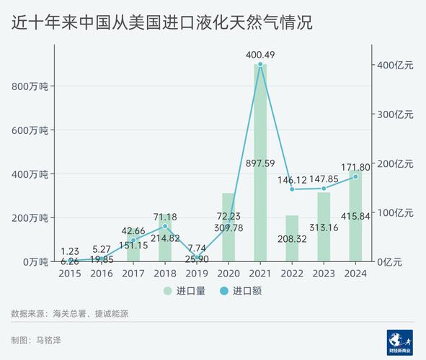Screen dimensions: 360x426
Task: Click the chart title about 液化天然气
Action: [162, 22]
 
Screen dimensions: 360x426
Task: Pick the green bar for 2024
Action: [355, 216]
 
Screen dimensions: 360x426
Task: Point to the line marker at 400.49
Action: [260, 65]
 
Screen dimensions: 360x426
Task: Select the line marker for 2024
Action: [355, 176]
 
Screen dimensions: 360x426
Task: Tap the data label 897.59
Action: [260, 163]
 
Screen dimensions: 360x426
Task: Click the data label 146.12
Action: [292, 178]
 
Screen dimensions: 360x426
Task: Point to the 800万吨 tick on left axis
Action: [30, 86]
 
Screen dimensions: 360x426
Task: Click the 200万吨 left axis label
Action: [30, 217]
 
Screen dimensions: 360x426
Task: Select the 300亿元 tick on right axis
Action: [396, 114]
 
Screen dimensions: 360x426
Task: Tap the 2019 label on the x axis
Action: [197, 274]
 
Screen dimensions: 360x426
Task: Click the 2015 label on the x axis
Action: [70, 274]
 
